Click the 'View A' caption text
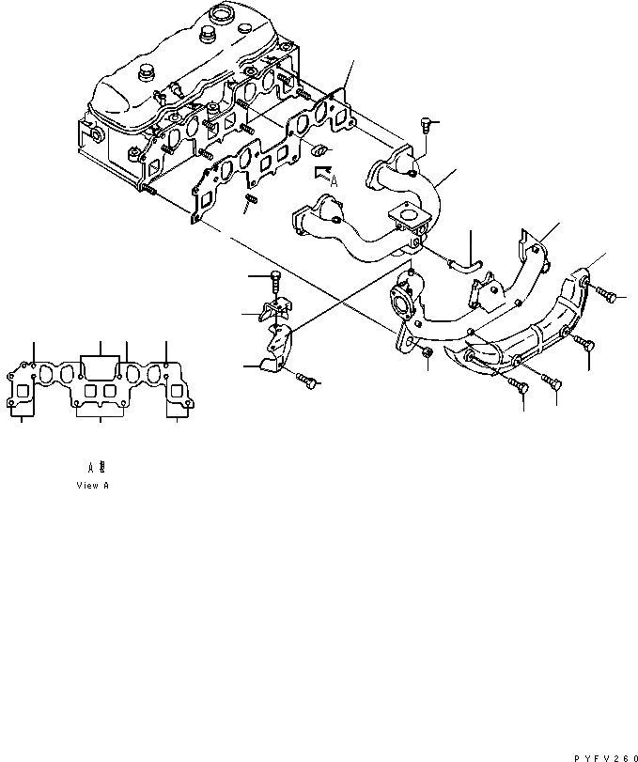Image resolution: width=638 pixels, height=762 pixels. tap(93, 486)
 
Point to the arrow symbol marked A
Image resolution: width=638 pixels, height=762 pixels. tap(324, 173)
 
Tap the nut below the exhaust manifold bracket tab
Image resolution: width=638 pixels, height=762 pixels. tap(426, 351)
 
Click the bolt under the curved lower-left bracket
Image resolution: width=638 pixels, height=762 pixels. tap(304, 379)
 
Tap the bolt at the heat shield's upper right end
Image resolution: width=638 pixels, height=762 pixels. tap(611, 297)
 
